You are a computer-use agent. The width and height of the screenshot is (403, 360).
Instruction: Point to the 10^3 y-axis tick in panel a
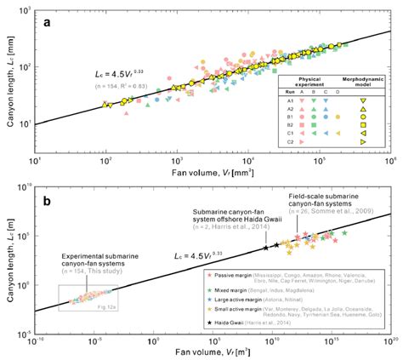pos(25,8)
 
